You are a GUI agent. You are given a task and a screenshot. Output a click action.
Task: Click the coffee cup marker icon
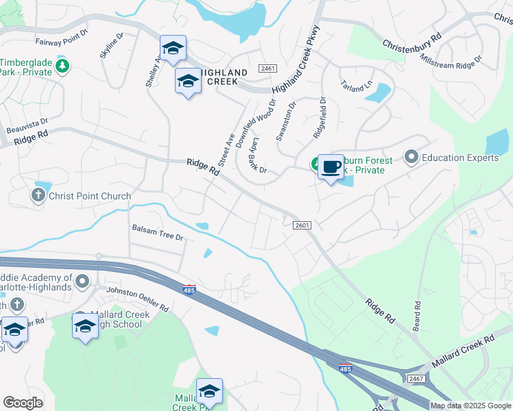(331, 166)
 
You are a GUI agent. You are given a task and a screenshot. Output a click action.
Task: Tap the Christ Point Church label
(90, 197)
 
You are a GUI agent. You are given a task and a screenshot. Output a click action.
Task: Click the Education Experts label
(460, 158)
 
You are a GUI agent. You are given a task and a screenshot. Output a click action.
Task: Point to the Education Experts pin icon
(411, 158)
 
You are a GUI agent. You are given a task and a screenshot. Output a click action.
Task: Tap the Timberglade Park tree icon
(62, 66)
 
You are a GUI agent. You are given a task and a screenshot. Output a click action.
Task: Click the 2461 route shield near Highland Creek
(267, 69)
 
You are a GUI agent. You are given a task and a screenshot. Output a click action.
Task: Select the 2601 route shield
(302, 225)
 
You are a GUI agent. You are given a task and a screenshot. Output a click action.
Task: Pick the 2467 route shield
(416, 378)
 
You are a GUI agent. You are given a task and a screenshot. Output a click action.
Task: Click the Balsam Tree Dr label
(158, 237)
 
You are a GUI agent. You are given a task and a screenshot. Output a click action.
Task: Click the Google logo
(23, 402)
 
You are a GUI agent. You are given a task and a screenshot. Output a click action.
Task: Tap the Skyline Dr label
(112, 45)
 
